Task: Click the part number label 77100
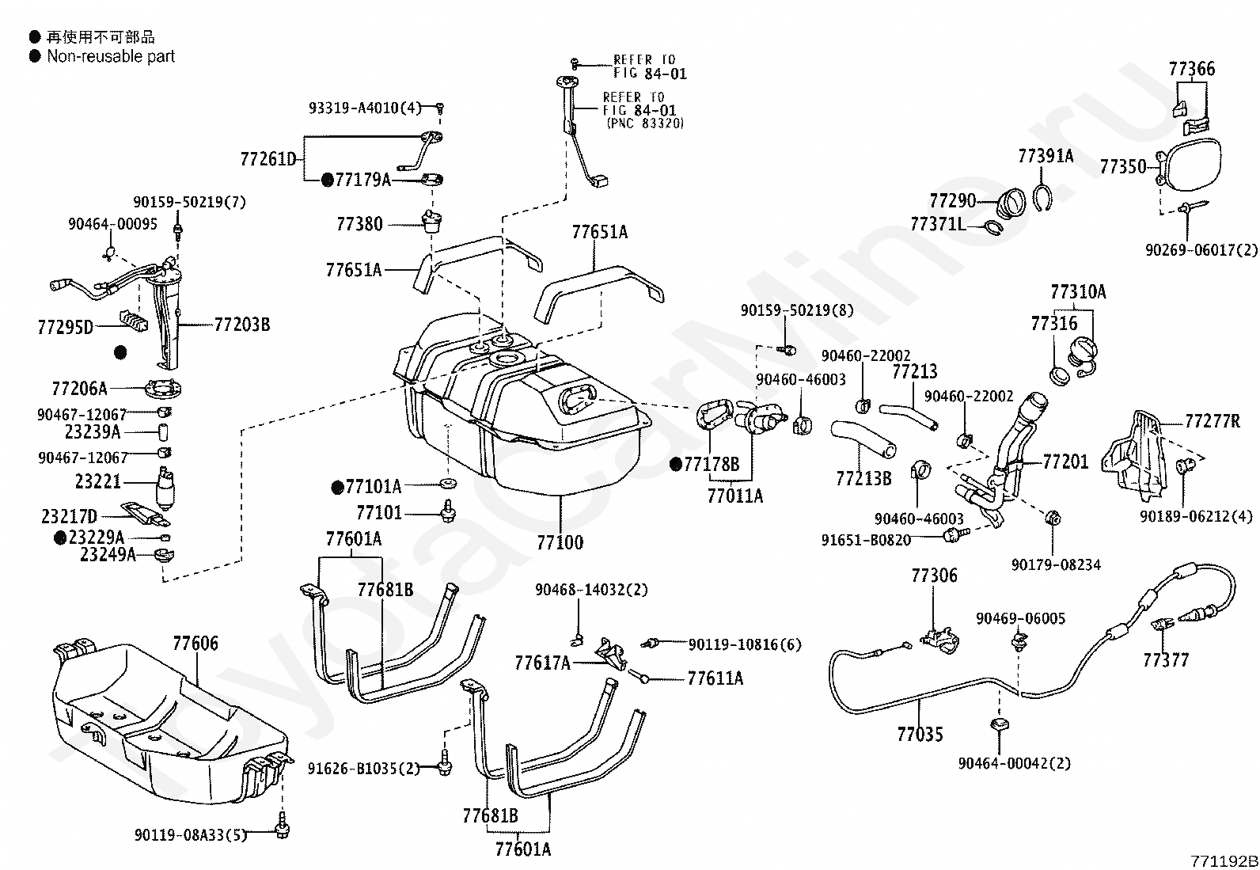tap(560, 542)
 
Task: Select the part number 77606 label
tap(195, 644)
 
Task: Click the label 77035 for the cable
tap(920, 735)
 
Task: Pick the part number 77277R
tap(1212, 421)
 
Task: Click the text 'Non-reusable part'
tap(111, 56)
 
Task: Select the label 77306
tap(934, 576)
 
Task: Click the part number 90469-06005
tap(1020, 618)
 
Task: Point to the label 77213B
tap(863, 478)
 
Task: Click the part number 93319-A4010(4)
tap(365, 108)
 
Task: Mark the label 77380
tap(359, 224)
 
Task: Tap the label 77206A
tap(79, 388)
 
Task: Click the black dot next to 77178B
tap(676, 465)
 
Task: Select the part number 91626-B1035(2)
tap(364, 768)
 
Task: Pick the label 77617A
tap(542, 663)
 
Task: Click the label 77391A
tap(1046, 156)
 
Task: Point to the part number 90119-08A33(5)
tap(191, 834)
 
